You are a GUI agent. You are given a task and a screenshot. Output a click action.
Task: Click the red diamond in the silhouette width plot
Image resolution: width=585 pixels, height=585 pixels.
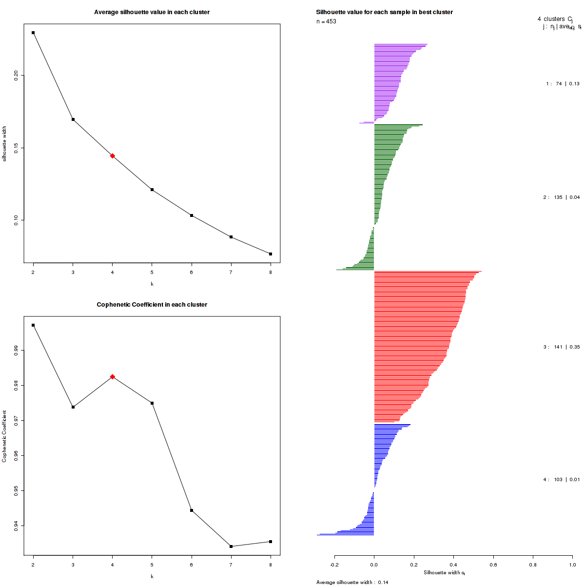click(113, 156)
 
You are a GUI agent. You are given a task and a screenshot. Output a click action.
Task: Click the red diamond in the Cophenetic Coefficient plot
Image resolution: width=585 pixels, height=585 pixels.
click(113, 377)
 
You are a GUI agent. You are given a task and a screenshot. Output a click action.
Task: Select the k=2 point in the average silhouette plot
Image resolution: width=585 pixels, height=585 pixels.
click(33, 33)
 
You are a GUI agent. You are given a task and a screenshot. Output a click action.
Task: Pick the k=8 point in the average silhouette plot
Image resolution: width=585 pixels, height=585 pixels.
click(271, 254)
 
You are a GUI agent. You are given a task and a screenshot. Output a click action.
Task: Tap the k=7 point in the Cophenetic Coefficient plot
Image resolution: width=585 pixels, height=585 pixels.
click(231, 546)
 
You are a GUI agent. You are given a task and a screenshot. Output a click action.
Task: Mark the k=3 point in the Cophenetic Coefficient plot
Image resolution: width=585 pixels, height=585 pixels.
click(73, 407)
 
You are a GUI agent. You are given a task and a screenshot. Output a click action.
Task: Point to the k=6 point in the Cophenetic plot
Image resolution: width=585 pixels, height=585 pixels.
click(192, 510)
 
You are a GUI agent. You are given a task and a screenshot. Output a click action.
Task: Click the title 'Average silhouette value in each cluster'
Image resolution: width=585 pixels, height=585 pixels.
click(152, 12)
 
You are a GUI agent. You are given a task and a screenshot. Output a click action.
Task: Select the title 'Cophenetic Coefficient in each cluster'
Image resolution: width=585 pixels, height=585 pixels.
click(152, 305)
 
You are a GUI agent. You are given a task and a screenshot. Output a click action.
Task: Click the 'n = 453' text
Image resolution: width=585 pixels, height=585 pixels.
click(326, 21)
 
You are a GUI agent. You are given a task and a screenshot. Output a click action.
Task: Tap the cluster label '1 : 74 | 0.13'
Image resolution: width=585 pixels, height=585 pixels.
click(563, 84)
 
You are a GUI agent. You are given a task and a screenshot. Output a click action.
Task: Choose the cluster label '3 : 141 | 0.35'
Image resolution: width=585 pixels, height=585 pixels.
click(562, 347)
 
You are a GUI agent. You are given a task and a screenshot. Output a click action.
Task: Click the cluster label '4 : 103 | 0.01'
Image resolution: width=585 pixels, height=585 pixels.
click(562, 480)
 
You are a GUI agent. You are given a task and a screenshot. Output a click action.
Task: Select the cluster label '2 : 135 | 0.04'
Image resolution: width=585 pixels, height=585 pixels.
click(562, 197)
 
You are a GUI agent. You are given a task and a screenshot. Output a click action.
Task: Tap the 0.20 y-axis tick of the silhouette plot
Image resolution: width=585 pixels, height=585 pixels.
click(16, 75)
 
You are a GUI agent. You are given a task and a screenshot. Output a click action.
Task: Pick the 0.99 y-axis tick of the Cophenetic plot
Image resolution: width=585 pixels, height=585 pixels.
click(16, 350)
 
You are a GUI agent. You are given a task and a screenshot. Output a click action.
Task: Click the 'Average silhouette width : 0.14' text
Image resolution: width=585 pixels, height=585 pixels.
click(352, 582)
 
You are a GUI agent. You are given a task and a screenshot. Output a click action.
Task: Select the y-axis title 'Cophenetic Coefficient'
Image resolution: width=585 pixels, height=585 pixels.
click(4, 436)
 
